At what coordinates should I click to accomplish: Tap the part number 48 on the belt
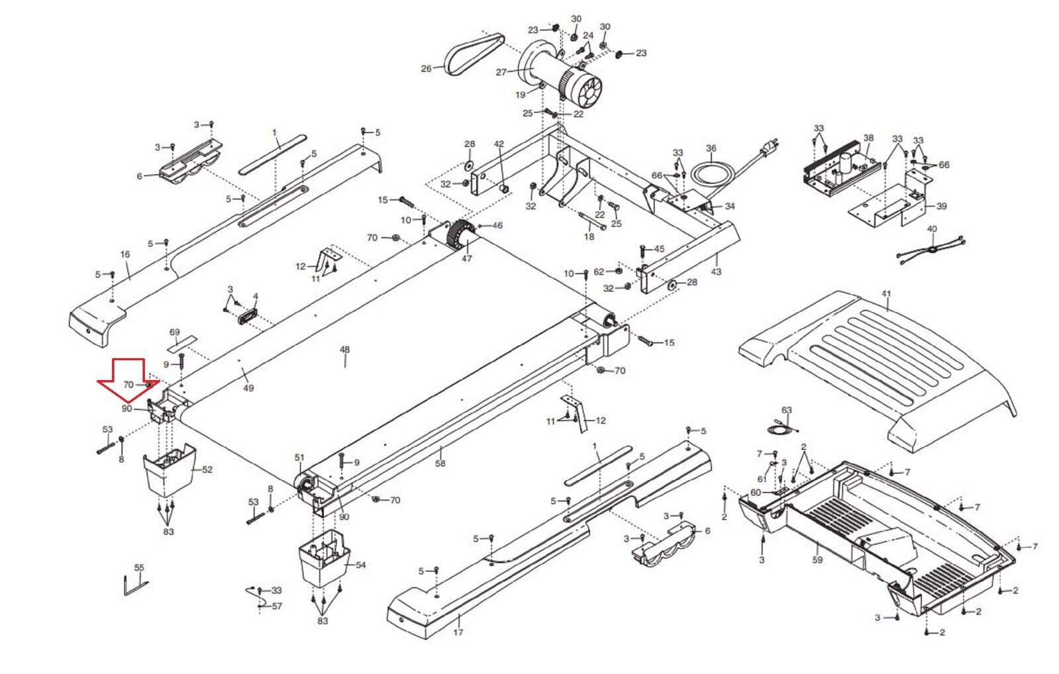[x=344, y=350]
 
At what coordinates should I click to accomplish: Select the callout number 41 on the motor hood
[x=886, y=293]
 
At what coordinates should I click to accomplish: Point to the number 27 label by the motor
[x=501, y=72]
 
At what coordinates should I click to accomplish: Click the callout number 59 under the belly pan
[x=817, y=560]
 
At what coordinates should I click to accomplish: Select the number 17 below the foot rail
[x=458, y=632]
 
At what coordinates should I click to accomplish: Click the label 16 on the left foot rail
[x=125, y=254]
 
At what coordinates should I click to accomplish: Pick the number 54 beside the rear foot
[x=361, y=565]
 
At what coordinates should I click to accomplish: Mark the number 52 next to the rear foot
[x=207, y=470]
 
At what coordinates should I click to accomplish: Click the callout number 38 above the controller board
[x=868, y=138]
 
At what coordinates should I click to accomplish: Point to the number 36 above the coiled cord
[x=711, y=148]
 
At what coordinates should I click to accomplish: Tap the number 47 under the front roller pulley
[x=467, y=258]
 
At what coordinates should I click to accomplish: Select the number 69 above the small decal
[x=174, y=332]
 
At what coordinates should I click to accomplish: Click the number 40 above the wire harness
[x=932, y=229]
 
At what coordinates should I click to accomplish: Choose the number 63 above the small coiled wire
[x=786, y=410]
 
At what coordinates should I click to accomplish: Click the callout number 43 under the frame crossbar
[x=716, y=271]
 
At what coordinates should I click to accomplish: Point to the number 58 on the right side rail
[x=440, y=463]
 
